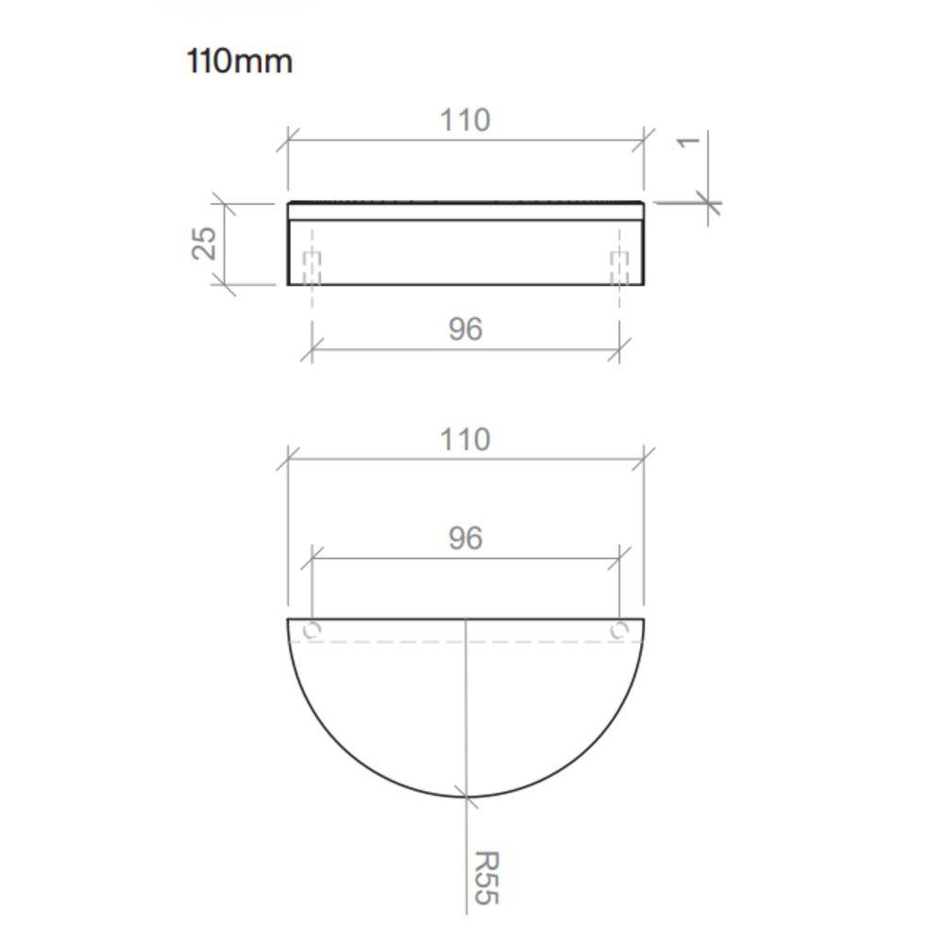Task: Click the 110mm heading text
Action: pos(240,61)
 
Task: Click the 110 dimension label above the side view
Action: pos(465,120)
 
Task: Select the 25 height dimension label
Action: pos(204,244)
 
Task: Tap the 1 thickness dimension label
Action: pos(688,143)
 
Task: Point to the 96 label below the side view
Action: pos(465,329)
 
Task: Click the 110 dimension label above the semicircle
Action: pos(465,439)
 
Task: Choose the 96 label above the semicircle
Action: pos(465,538)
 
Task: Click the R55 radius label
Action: pos(486,878)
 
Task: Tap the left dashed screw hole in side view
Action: pos(312,268)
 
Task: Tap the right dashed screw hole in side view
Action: pos(619,268)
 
